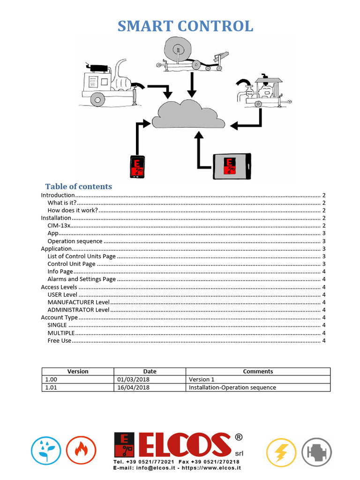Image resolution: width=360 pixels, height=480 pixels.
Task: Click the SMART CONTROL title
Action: pos(185,26)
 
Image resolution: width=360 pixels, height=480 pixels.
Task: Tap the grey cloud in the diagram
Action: pos(188,115)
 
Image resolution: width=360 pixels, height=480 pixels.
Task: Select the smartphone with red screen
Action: pos(137,167)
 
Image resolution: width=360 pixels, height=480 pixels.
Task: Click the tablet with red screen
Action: pos(232,166)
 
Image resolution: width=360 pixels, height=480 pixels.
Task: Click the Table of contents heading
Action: pos(79,187)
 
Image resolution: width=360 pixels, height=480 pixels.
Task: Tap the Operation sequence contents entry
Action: pos(75,241)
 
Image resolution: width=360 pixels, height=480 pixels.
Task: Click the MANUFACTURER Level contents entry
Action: pos(79,302)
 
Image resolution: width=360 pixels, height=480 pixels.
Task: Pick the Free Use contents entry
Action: pos(60,341)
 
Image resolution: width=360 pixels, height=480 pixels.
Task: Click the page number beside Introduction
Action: pos(324,195)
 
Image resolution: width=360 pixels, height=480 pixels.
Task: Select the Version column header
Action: pos(78,371)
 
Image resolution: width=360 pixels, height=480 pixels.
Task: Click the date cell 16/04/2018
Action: pos(134,388)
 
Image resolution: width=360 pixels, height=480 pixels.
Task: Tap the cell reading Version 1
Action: pos(202,379)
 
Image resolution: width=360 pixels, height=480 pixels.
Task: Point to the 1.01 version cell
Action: pos(50,388)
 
